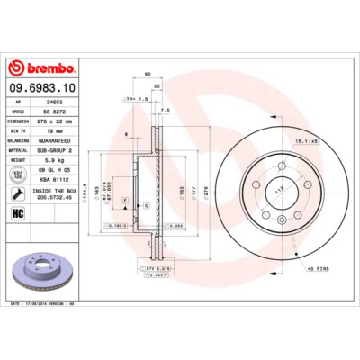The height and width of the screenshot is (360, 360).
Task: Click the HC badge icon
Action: (17, 213)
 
